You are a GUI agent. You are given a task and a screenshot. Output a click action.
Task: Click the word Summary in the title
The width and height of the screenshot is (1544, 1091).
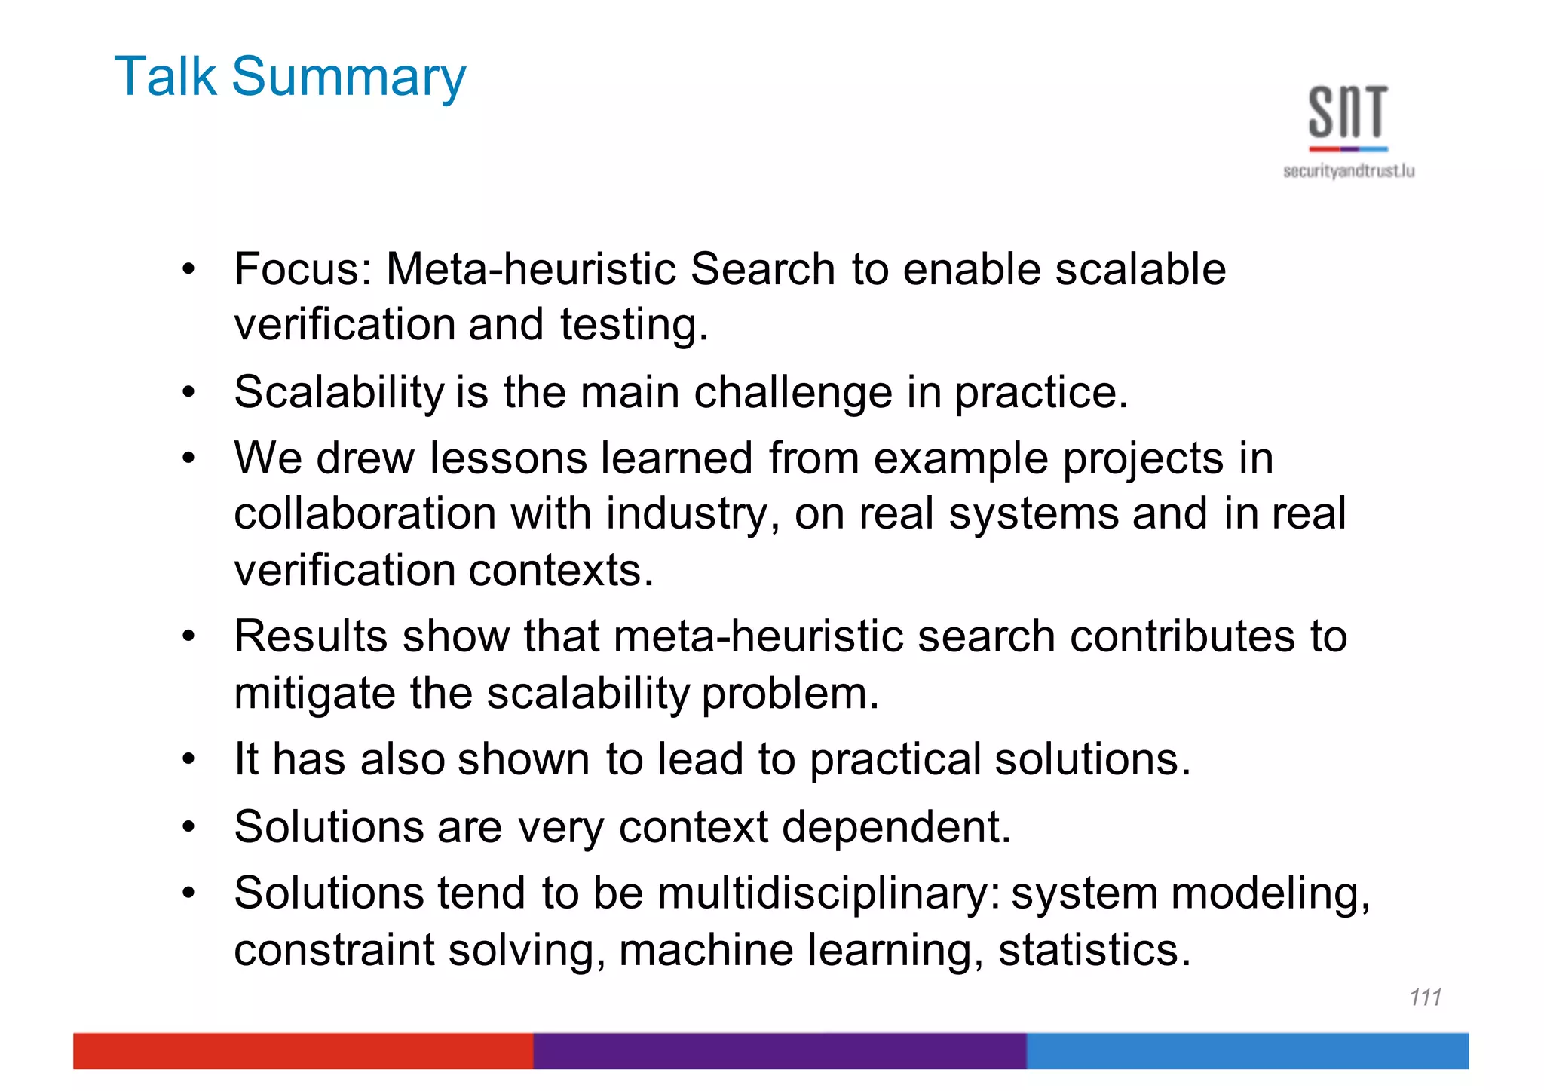click(348, 77)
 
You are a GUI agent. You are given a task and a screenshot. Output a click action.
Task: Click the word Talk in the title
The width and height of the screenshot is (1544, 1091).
click(165, 77)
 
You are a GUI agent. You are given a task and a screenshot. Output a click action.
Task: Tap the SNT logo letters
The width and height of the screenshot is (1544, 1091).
click(1348, 113)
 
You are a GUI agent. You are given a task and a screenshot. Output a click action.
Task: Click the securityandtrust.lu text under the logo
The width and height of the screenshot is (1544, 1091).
click(1349, 171)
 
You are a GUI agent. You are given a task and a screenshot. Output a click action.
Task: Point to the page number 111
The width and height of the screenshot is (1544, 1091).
click(1425, 998)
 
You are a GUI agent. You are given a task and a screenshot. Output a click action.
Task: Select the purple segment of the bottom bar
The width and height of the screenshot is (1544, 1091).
click(780, 1050)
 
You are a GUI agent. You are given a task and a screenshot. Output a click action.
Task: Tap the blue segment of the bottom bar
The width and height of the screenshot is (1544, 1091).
click(1247, 1050)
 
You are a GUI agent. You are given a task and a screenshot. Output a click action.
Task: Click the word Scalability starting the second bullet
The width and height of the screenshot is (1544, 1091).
click(339, 392)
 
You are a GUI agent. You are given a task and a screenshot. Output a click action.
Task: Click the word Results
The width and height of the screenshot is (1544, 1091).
click(311, 636)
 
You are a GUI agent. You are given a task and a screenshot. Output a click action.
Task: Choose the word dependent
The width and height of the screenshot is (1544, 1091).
click(896, 827)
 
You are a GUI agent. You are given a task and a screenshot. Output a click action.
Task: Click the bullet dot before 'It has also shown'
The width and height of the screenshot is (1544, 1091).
click(188, 759)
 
